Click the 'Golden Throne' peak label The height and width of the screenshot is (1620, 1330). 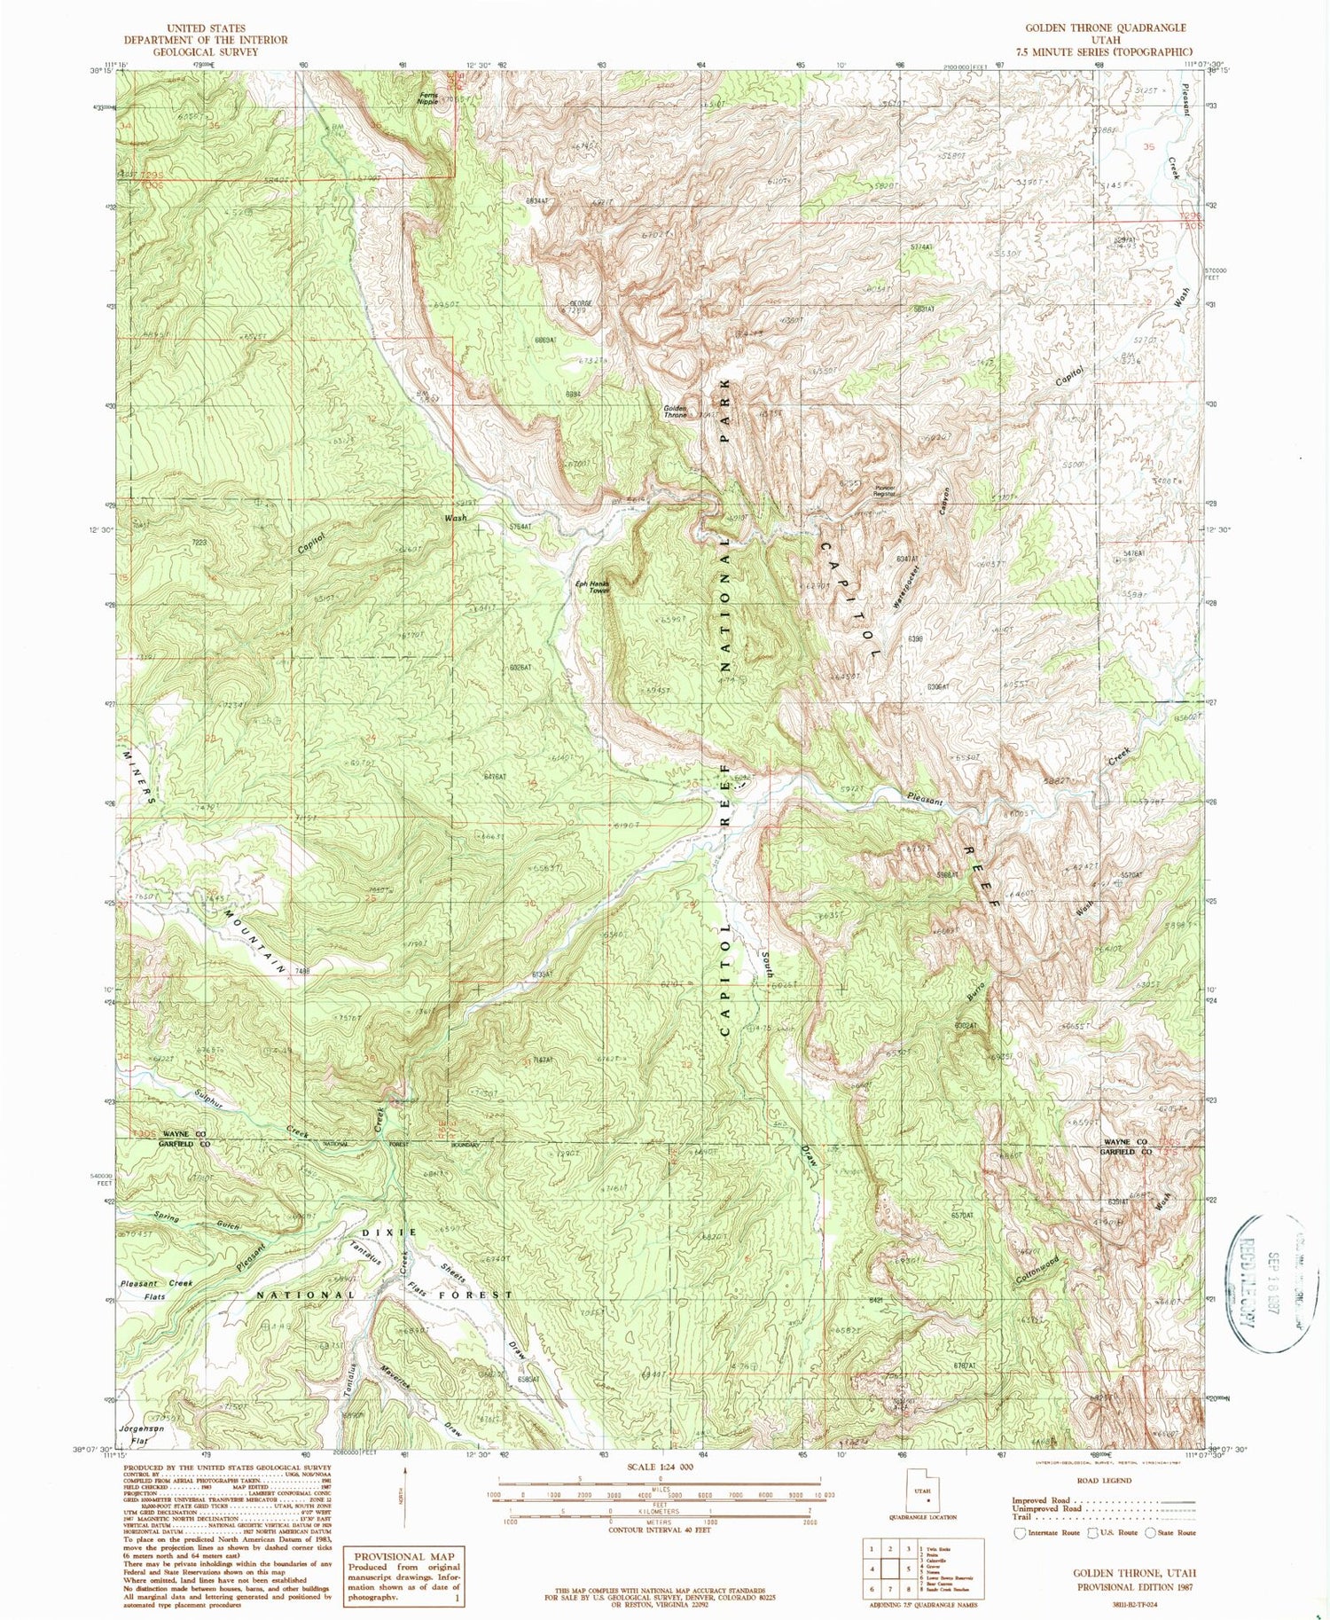(676, 411)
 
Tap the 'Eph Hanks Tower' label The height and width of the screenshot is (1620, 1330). (592, 586)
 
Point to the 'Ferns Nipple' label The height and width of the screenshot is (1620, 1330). (428, 98)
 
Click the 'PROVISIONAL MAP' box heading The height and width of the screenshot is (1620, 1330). (404, 1556)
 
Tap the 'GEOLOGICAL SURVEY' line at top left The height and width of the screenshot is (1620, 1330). (206, 51)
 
